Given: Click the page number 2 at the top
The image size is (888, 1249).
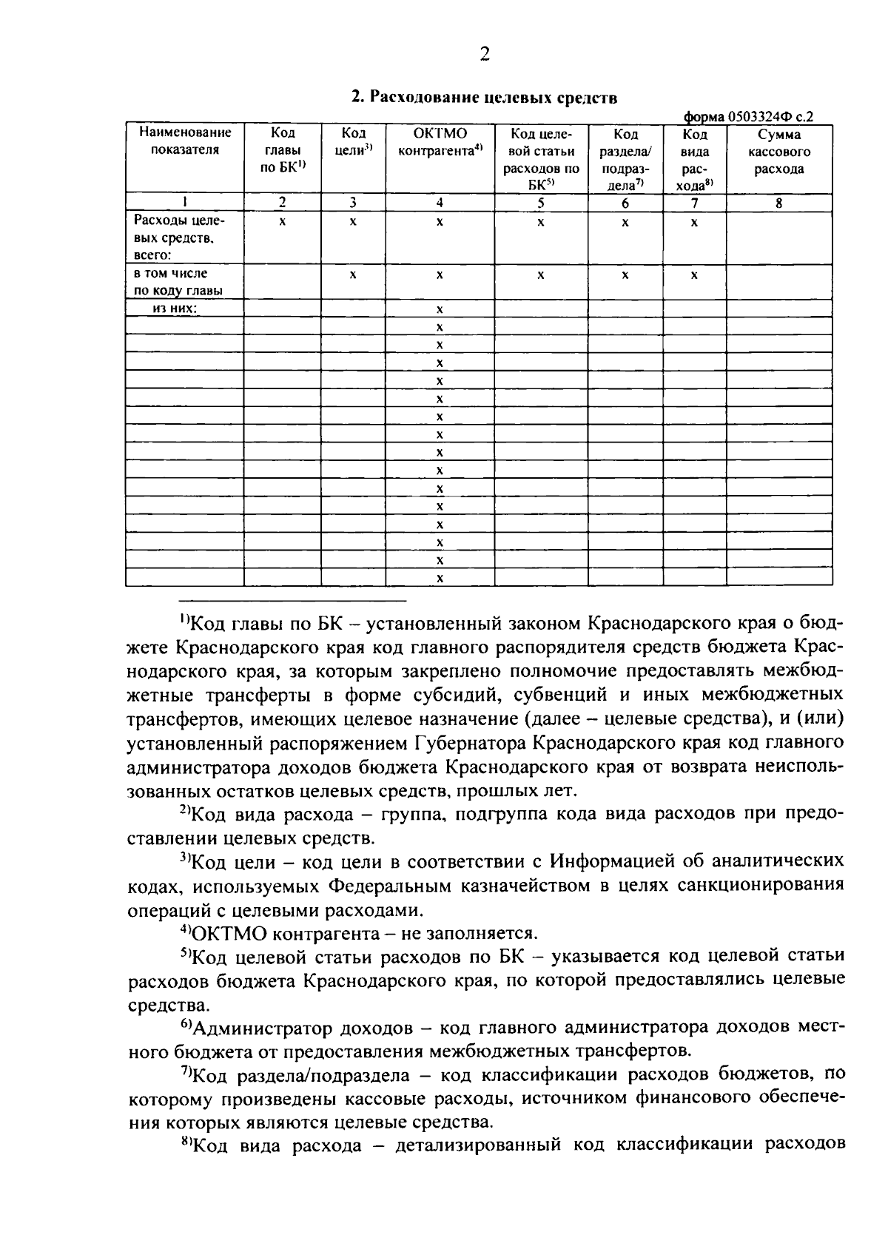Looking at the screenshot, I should pyautogui.click(x=484, y=54).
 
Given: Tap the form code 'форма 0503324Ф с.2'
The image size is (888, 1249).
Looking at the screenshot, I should pyautogui.click(x=747, y=116).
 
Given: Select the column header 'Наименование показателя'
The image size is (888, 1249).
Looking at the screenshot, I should pyautogui.click(x=185, y=141).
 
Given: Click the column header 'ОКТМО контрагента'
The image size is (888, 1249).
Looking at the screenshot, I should pyautogui.click(x=440, y=142).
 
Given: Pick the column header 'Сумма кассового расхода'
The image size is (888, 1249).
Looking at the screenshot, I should pyautogui.click(x=778, y=151).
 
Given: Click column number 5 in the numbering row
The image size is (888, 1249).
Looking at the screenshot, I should pyautogui.click(x=540, y=203).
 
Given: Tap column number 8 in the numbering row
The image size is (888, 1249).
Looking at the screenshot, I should pyautogui.click(x=778, y=203).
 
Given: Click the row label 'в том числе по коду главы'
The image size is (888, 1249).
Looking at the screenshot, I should pyautogui.click(x=178, y=282).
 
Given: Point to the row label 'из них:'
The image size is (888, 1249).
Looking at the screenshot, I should pyautogui.click(x=175, y=309).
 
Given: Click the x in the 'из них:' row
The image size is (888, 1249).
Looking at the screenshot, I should pyautogui.click(x=440, y=309).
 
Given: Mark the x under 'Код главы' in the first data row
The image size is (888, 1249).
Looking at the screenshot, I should pyautogui.click(x=282, y=221).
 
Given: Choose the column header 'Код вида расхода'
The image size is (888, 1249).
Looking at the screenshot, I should pyautogui.click(x=694, y=160).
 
